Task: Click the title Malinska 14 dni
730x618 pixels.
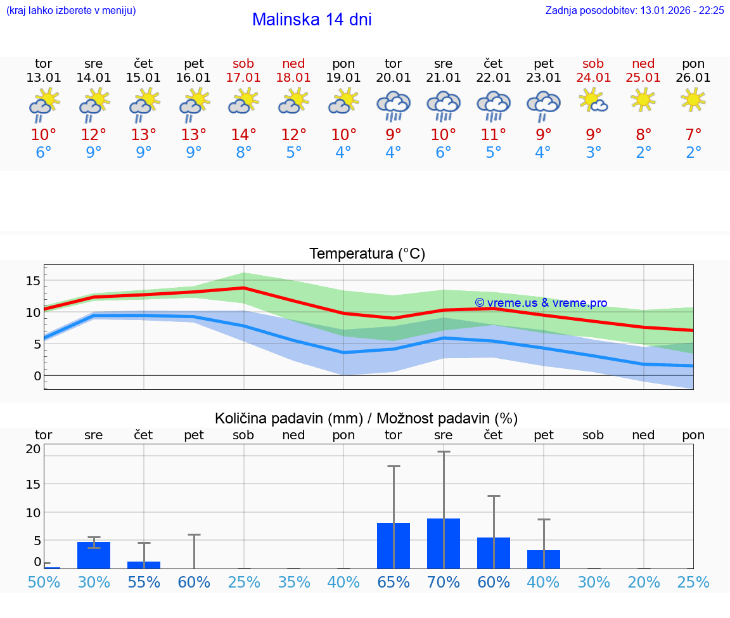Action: click(x=312, y=20)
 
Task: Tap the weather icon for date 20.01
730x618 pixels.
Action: click(x=394, y=106)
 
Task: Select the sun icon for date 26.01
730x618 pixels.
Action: click(x=693, y=100)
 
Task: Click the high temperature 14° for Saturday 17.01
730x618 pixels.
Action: click(x=243, y=135)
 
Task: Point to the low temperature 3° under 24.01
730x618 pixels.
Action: click(x=594, y=153)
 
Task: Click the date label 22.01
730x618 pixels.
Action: click(x=493, y=78)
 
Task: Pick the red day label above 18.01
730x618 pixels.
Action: click(x=293, y=64)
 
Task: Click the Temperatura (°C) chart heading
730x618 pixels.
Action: click(x=367, y=254)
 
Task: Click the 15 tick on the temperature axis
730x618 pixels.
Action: click(x=33, y=281)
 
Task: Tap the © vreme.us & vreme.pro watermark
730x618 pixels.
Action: click(x=541, y=303)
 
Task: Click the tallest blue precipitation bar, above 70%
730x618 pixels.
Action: click(x=444, y=543)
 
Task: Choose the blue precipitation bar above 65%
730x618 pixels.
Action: click(x=394, y=546)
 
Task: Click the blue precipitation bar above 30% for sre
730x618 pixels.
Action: click(x=94, y=555)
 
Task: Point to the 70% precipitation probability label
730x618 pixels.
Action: click(x=444, y=583)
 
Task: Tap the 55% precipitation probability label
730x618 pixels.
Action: click(x=144, y=583)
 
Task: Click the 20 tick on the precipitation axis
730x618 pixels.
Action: click(x=33, y=449)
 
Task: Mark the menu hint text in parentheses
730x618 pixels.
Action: click(x=71, y=11)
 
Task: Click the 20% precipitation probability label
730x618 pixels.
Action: click(x=644, y=583)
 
